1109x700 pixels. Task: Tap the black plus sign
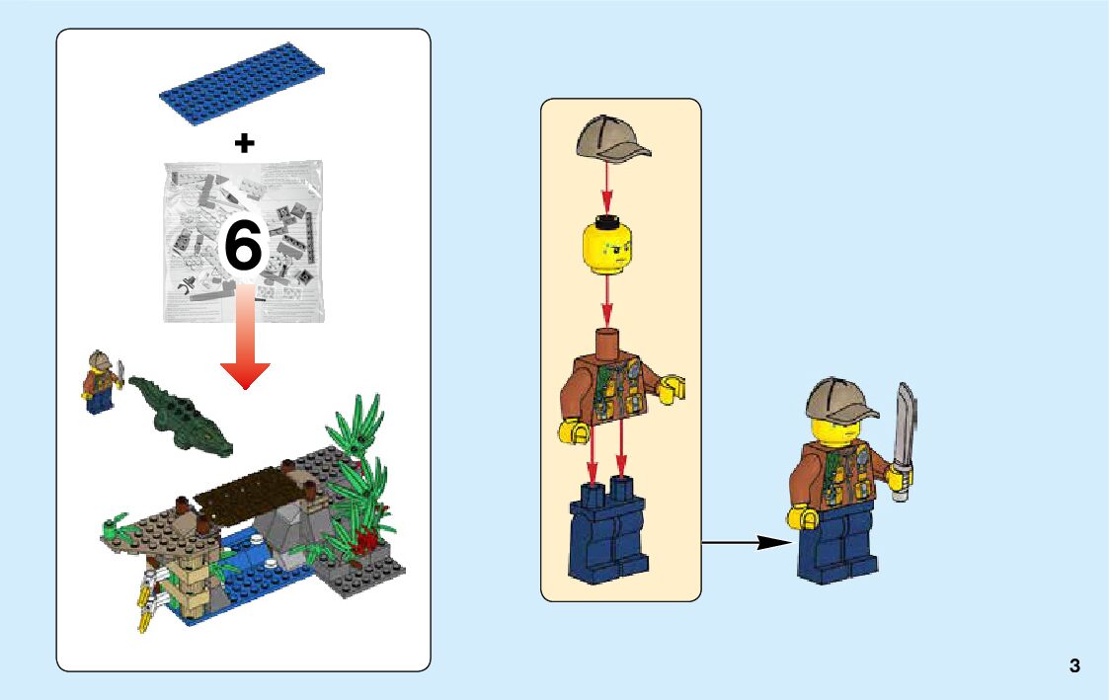[244, 143]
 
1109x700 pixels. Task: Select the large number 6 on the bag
[244, 246]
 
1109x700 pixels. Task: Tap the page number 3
[1074, 665]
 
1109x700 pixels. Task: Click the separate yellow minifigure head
[608, 244]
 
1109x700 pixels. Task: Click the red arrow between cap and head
[607, 189]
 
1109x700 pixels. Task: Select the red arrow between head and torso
[608, 299]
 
